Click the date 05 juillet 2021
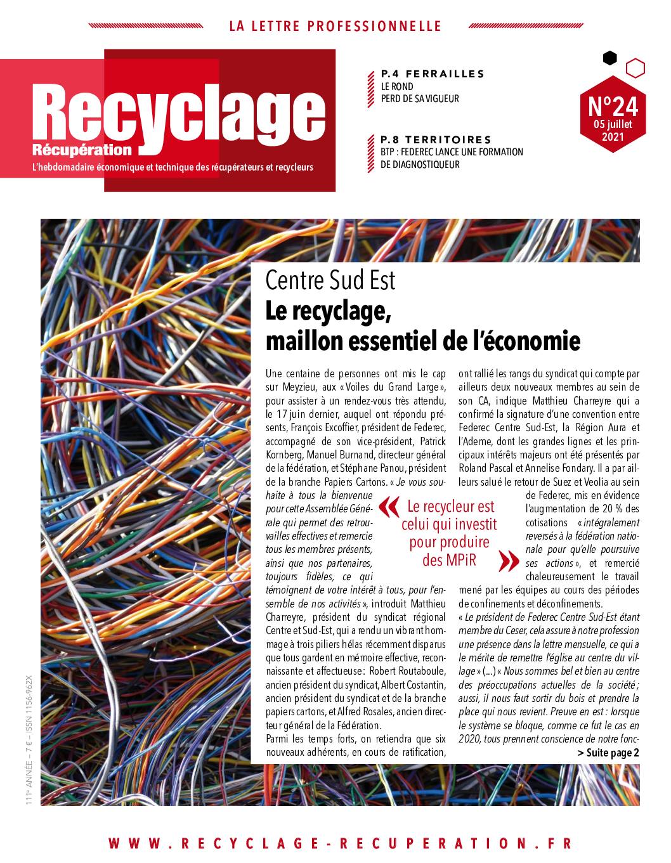(x=613, y=129)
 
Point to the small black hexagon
(x=609, y=58)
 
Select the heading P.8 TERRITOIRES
(x=436, y=140)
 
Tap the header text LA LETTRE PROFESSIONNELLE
(x=335, y=26)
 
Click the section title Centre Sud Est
(x=330, y=280)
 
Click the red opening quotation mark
(x=388, y=507)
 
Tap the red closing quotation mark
(x=507, y=561)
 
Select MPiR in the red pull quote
(x=459, y=560)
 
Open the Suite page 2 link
(x=608, y=753)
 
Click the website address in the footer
(x=340, y=843)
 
